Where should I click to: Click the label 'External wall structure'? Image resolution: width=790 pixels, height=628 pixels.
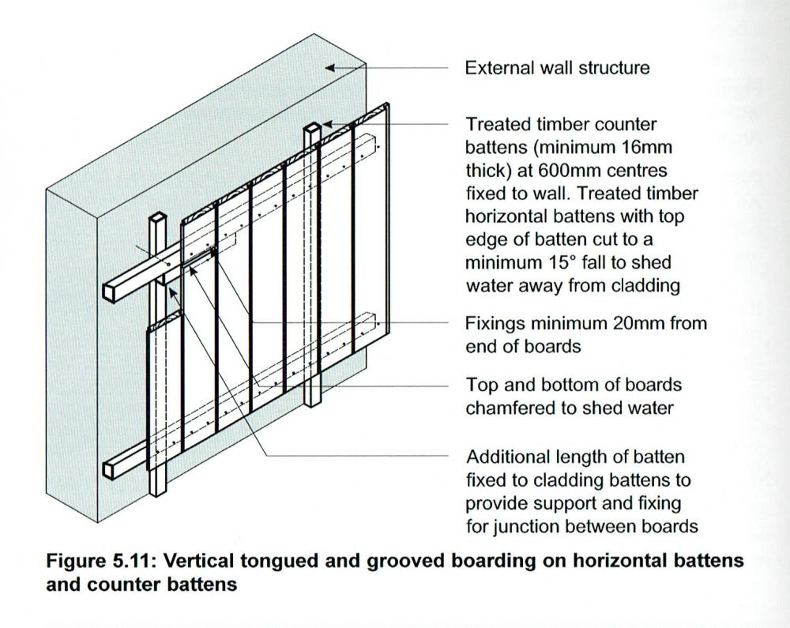tap(557, 68)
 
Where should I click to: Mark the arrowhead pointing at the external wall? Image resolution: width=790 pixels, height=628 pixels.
tap(332, 69)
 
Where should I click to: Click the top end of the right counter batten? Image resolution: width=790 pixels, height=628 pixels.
tap(312, 127)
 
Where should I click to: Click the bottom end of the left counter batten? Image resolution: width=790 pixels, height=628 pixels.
tap(159, 491)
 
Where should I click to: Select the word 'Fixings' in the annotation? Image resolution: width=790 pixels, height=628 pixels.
tap(492, 323)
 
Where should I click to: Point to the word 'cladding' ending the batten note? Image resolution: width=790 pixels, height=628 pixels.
tap(645, 285)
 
